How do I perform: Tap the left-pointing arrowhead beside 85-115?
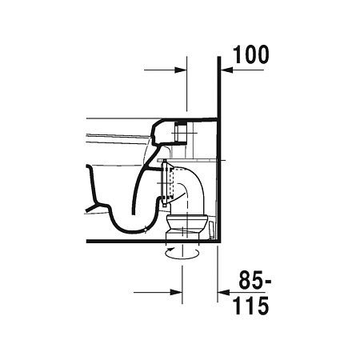point(226,291)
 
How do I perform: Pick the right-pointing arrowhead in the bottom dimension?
point(179,291)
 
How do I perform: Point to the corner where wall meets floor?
point(219,240)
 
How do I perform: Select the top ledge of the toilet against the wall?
point(192,119)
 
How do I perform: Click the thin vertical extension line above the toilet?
point(186,88)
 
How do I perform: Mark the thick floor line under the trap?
point(120,240)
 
